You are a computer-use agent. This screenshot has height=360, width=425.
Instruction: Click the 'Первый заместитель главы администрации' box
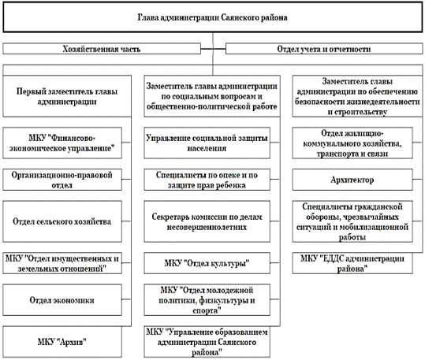[x=69, y=96]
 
